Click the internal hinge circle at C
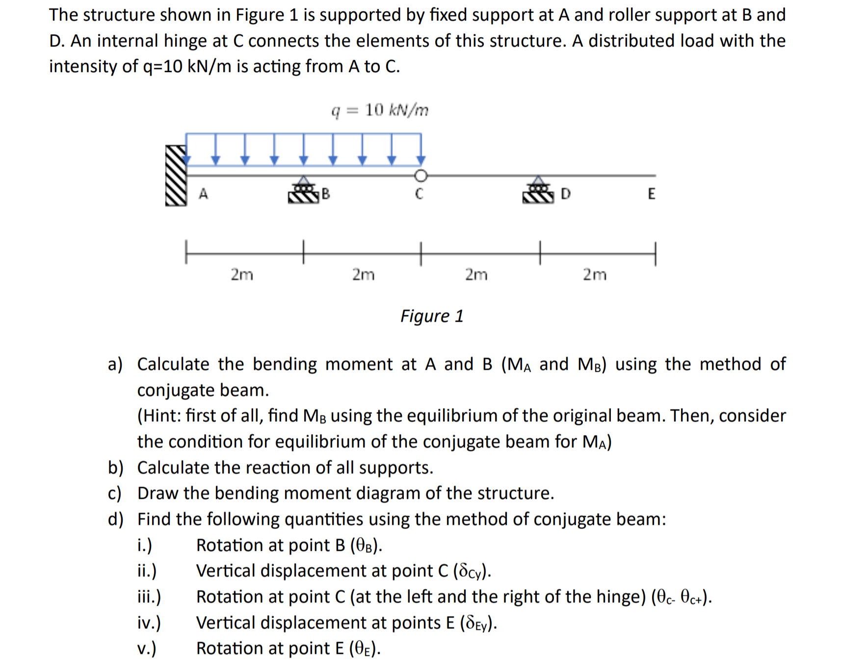421,175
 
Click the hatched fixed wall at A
176,176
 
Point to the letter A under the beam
203,194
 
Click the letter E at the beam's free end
651,194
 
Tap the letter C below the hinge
419,194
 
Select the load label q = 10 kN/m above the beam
380,110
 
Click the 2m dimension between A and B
242,274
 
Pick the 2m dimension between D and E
595,274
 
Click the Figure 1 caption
432,316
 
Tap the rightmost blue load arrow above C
421,150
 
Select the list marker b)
115,468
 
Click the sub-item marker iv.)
149,623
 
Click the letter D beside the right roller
565,194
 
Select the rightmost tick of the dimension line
655,254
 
